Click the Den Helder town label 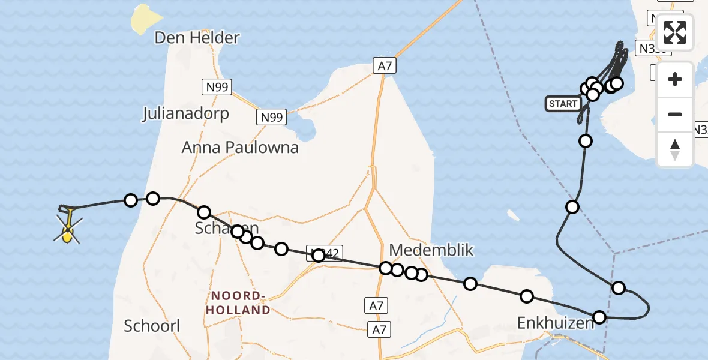tap(197, 38)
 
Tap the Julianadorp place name tap(185, 113)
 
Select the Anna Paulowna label tap(240, 147)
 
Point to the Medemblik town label tap(431, 250)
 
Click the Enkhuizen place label tap(556, 323)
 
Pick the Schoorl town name tap(152, 326)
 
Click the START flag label tap(563, 104)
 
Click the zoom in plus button tap(675, 79)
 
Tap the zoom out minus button tap(675, 114)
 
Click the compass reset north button tap(675, 149)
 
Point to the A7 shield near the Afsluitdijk tap(384, 65)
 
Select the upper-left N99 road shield tap(215, 88)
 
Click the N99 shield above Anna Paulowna tap(272, 117)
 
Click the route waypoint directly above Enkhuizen tap(527, 296)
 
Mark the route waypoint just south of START tap(585, 141)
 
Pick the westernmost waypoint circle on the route tap(130, 200)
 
